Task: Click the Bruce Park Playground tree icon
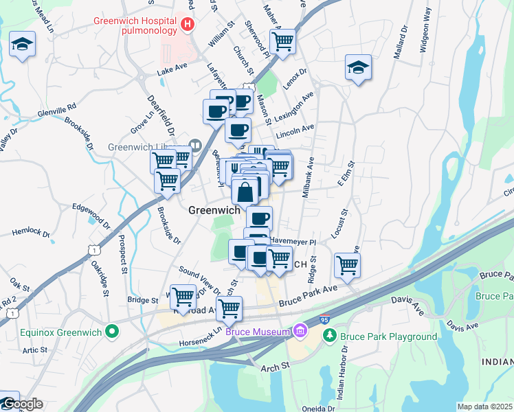coord(330,336)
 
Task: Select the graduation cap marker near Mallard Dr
coord(358,67)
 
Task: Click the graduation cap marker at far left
coord(23,45)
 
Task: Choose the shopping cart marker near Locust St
coord(348,264)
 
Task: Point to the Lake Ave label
coord(171,71)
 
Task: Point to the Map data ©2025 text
coord(484,407)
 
